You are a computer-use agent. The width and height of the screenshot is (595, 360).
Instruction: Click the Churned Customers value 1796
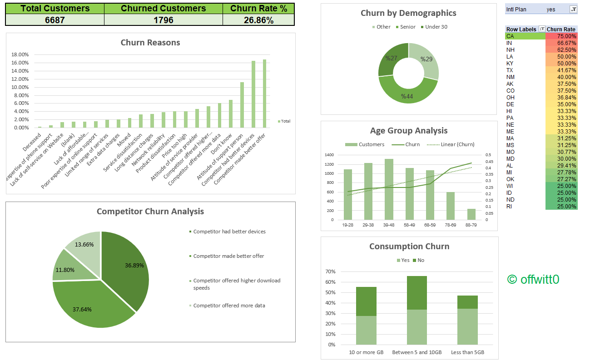[x=163, y=20]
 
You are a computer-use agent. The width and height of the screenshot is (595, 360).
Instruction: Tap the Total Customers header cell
[x=55, y=8]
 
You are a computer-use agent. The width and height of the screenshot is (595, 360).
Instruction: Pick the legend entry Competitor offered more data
[x=229, y=306]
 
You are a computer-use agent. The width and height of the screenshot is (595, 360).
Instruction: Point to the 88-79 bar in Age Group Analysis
[x=471, y=214]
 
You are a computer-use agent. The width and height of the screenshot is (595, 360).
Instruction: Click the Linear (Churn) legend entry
[x=451, y=144]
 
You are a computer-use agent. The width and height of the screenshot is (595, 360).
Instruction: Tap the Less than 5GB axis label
[x=467, y=352]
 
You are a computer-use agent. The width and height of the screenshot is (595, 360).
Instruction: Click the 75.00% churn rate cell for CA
[x=561, y=36]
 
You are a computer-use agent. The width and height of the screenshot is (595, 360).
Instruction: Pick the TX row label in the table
[x=510, y=70]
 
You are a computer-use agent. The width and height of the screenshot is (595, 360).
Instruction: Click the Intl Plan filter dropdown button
[x=573, y=9]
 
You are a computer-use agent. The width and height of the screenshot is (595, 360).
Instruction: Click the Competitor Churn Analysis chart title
[x=150, y=212]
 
